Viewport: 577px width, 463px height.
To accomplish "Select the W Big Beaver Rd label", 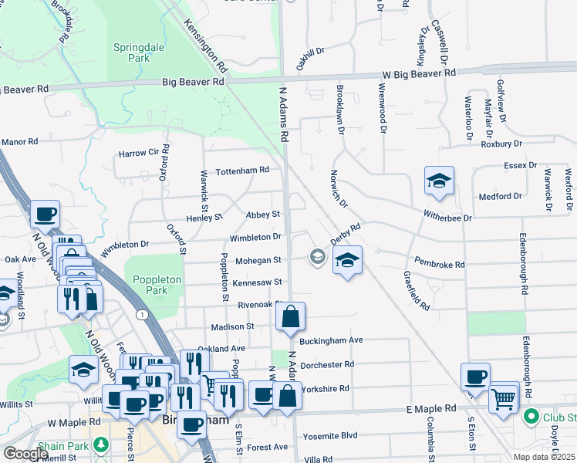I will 419,73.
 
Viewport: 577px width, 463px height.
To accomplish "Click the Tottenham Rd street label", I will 242,170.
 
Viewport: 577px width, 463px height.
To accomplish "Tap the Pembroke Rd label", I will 439,264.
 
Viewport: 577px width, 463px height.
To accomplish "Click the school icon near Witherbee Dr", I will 439,181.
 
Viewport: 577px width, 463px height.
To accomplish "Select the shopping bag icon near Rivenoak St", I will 290,317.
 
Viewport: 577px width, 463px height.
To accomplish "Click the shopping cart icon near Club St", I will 504,397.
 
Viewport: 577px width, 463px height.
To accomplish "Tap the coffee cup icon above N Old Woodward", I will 45,214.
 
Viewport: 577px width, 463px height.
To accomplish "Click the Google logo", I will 26,453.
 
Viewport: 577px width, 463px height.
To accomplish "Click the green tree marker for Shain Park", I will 100,444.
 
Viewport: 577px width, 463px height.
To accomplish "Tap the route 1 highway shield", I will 141,314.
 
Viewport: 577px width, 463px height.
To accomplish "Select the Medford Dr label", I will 495,196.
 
